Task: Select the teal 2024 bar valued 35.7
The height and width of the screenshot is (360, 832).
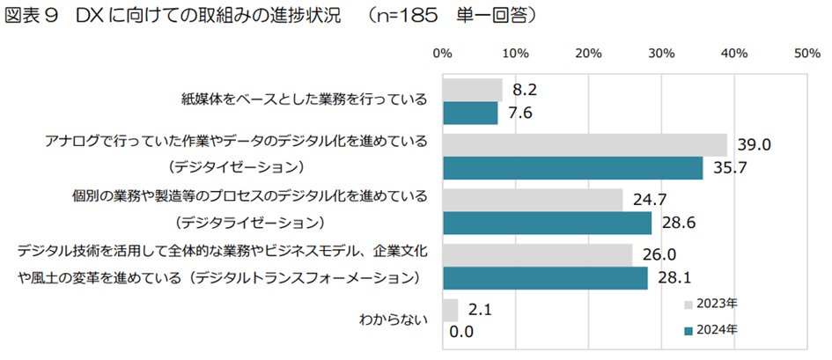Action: click(x=573, y=168)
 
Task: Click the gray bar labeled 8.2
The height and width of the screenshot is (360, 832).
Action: click(x=473, y=90)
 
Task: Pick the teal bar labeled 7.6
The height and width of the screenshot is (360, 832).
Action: click(x=470, y=113)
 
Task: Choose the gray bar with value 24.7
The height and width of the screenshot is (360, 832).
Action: click(x=533, y=200)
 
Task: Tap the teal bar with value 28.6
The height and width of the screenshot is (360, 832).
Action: click(x=547, y=223)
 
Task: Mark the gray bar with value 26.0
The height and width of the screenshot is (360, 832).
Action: click(x=537, y=254)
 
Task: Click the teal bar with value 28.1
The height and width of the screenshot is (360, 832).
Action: click(x=545, y=277)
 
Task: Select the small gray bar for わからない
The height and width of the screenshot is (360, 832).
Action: click(x=450, y=310)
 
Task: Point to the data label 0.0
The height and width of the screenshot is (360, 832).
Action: click(x=462, y=332)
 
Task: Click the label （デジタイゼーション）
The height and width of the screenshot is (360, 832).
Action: click(x=240, y=166)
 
